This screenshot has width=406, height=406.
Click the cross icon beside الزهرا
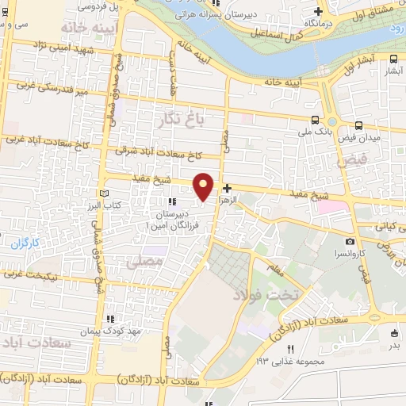click(228, 188)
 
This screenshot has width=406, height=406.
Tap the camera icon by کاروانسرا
click(350, 242)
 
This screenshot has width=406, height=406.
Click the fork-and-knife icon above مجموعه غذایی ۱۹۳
click(290, 349)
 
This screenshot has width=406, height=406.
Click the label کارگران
click(25, 242)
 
